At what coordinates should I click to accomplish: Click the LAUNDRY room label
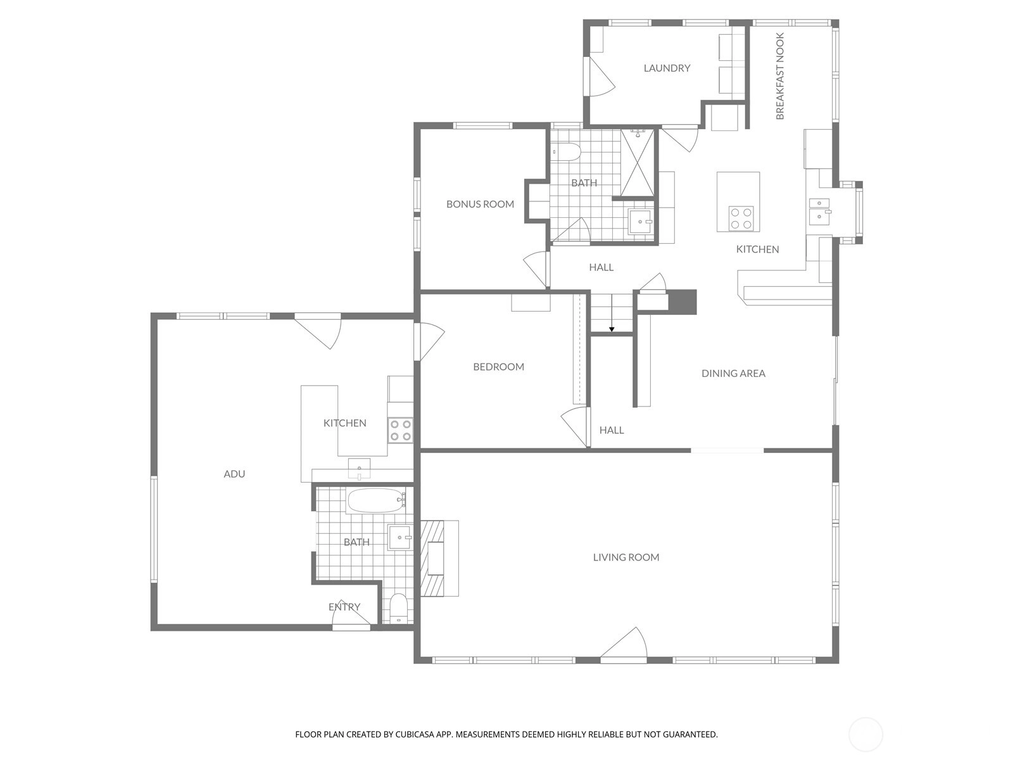click(667, 68)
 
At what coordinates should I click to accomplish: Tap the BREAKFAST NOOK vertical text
click(780, 76)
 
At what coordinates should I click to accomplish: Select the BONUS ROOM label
click(480, 204)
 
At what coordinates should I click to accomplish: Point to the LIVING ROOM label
click(626, 557)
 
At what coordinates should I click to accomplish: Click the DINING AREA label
click(733, 373)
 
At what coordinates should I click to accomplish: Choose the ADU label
click(234, 474)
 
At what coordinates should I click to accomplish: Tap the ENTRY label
click(344, 607)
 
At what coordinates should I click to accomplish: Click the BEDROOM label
click(498, 367)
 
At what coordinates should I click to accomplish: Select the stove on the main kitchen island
click(741, 218)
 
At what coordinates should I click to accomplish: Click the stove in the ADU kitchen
click(401, 430)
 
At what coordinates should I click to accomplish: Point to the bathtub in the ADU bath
click(376, 501)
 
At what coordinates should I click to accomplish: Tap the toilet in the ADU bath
click(398, 608)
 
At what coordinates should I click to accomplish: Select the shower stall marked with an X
click(638, 163)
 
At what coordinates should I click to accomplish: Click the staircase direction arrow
click(612, 313)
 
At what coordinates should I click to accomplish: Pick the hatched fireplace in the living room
click(432, 558)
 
